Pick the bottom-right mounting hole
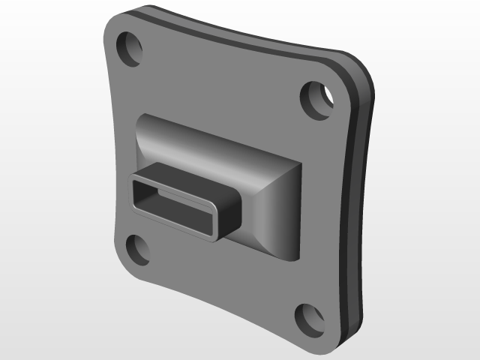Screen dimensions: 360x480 pyautogui.click(x=309, y=319)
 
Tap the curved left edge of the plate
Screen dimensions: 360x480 pyautogui.click(x=114, y=150)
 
